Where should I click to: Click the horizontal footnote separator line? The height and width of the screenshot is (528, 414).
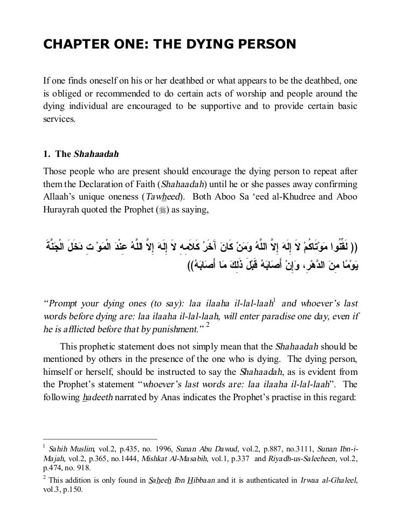pyautogui.click(x=100, y=440)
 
